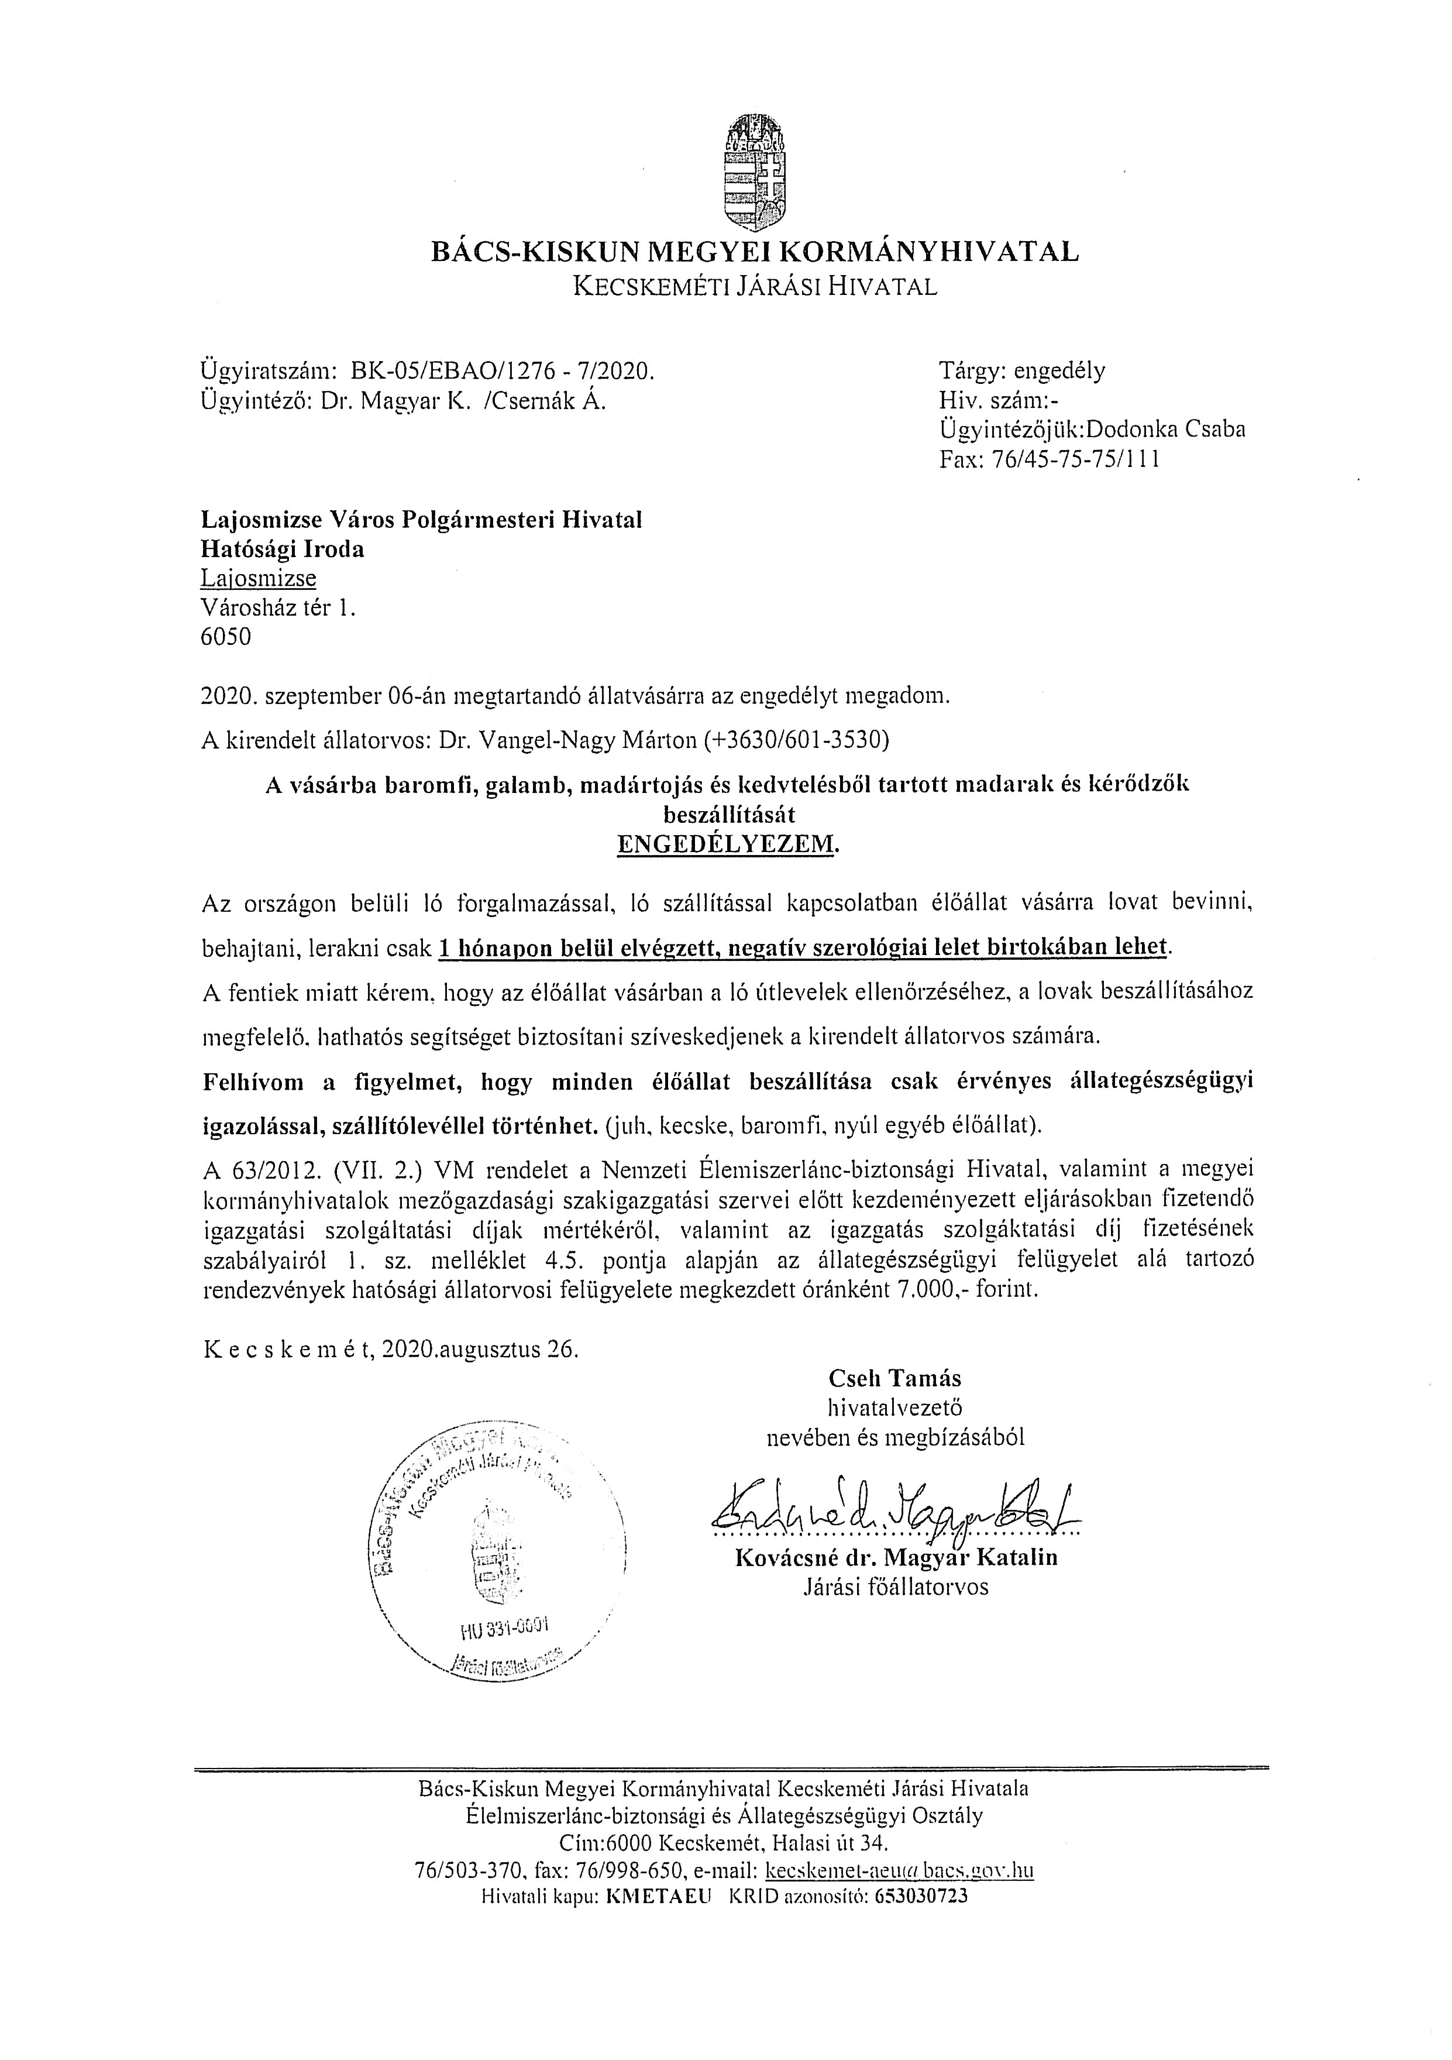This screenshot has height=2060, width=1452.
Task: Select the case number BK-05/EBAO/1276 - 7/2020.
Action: point(503,370)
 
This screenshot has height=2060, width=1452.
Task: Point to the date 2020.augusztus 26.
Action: point(480,1350)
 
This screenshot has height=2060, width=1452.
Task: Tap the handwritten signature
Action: point(892,1512)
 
